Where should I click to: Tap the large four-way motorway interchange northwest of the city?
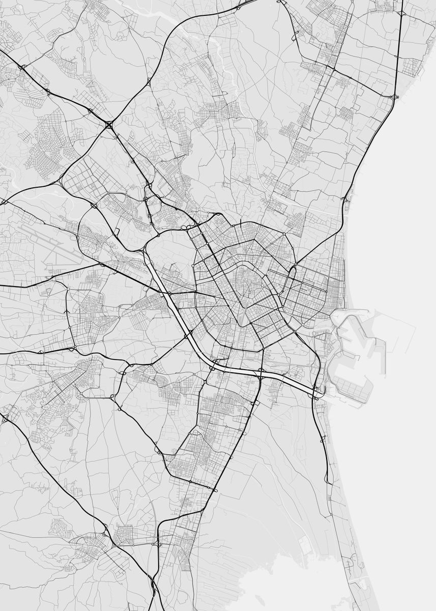pyautogui.click(x=110, y=124)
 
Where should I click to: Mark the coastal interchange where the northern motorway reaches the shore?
pyautogui.click(x=393, y=96)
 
